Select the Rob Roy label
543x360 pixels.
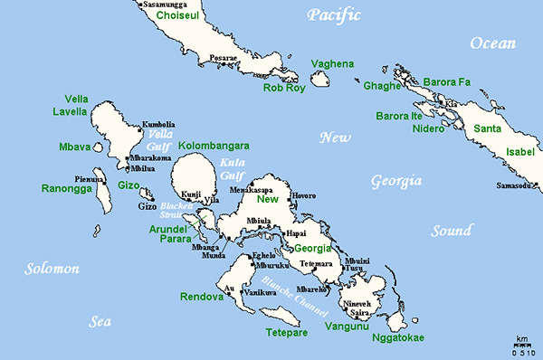click(285, 88)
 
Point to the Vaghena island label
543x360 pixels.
click(331, 64)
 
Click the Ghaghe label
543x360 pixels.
click(381, 86)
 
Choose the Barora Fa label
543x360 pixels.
click(447, 82)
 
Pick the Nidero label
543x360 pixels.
click(427, 128)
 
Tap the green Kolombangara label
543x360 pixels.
click(214, 145)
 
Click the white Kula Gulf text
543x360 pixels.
click(231, 169)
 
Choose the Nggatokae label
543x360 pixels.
click(397, 338)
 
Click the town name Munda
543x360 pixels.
click(214, 256)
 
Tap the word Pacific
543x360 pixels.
click(333, 14)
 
